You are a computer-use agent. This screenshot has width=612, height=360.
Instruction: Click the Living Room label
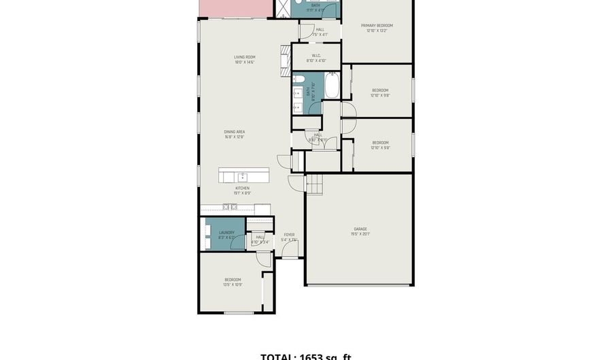tap(244, 57)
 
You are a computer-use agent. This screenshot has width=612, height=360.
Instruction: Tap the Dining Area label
tap(235, 131)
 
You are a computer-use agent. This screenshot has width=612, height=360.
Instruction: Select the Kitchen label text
tap(242, 188)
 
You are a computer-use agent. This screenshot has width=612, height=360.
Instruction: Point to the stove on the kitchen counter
tap(229, 207)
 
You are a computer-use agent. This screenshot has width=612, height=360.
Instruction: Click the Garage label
tap(360, 229)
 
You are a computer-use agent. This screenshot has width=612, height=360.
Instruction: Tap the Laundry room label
tap(226, 232)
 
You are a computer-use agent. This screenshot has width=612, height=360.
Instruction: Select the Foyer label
tap(289, 235)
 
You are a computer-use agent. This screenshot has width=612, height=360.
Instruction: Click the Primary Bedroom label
tap(377, 25)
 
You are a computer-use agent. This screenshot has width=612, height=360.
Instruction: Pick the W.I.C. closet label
tap(316, 56)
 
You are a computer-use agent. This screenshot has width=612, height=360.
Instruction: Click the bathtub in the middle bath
tap(333, 86)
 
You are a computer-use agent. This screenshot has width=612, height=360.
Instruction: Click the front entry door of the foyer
tap(290, 257)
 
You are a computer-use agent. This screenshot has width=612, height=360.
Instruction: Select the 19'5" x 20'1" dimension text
tap(360, 234)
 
